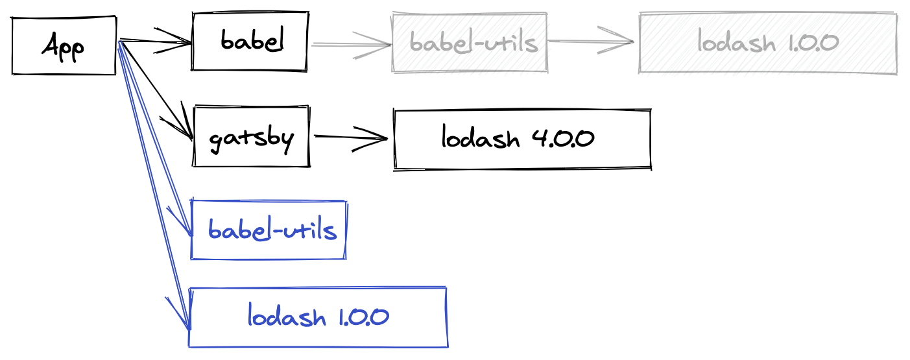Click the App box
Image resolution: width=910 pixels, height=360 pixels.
pyautogui.click(x=64, y=45)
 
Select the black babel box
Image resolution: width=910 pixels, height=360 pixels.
pyautogui.click(x=250, y=42)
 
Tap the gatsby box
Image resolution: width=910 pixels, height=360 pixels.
pyautogui.click(x=251, y=138)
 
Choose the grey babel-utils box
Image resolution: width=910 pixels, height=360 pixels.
pyautogui.click(x=470, y=43)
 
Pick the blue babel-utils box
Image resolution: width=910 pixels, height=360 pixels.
pyautogui.click(x=269, y=230)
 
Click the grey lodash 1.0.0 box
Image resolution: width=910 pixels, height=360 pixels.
pyautogui.click(x=768, y=43)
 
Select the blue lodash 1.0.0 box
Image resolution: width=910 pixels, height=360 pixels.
pyautogui.click(x=318, y=317)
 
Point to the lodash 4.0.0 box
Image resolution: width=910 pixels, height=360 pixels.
pyautogui.click(x=522, y=139)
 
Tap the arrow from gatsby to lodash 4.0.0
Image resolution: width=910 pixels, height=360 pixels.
pyautogui.click(x=350, y=138)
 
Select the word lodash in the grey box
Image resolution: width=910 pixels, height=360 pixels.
pyautogui.click(x=737, y=43)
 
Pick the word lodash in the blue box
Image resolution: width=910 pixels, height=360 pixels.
pyautogui.click(x=286, y=317)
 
